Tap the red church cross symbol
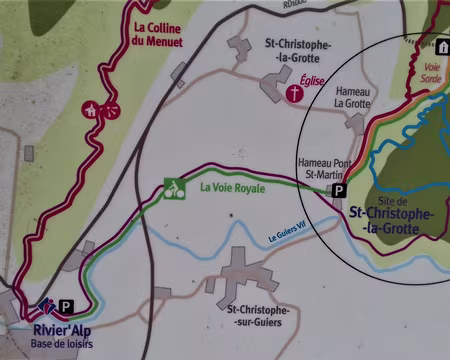point(295,94)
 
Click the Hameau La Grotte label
point(351,95)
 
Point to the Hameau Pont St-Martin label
point(322,169)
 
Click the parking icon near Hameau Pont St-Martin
point(338,190)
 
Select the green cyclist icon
point(174,187)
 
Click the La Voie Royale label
point(232,187)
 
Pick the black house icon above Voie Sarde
point(440,47)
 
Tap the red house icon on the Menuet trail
point(91,109)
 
